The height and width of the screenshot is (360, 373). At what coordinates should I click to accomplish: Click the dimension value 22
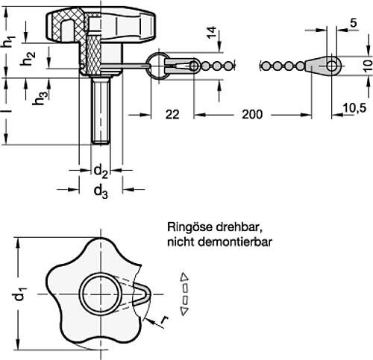[172, 116]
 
